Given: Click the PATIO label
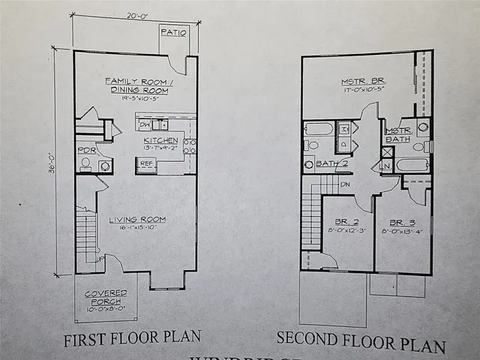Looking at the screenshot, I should click(174, 32).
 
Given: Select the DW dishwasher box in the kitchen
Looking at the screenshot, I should click(145, 124).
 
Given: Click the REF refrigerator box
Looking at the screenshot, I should click(147, 162).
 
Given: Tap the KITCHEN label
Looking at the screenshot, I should click(161, 139).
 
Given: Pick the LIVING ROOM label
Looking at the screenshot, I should click(137, 219).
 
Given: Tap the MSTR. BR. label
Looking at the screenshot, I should click(363, 82).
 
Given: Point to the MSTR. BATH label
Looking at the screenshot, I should click(397, 134).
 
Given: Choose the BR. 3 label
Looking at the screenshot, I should click(402, 223).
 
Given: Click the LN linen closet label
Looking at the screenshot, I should click(387, 165).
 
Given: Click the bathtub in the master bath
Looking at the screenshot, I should click(412, 164).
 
